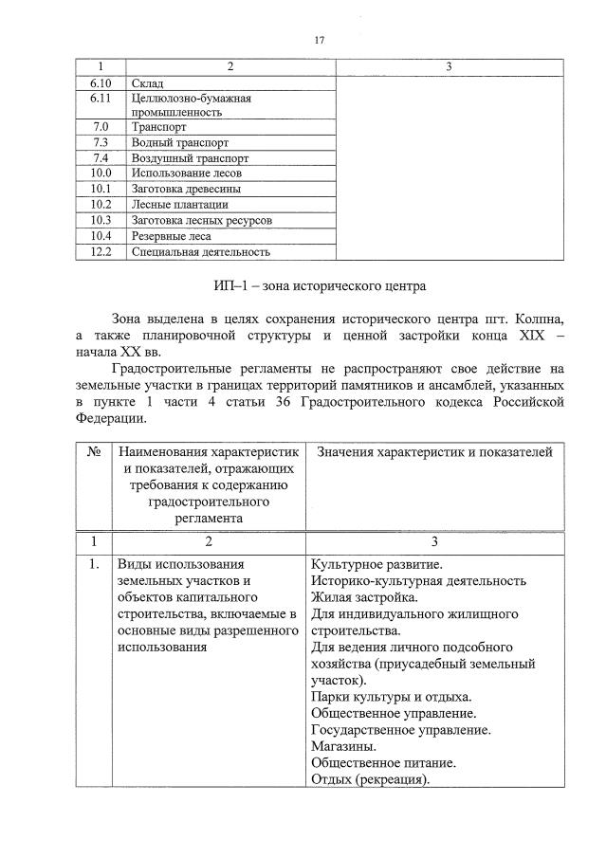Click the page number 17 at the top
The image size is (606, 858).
319,39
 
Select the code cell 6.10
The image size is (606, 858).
101,82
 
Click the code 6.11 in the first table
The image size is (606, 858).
101,98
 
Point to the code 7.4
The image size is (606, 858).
101,157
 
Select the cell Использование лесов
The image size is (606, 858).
187,173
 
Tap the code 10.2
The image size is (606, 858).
101,204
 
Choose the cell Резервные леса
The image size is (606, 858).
172,235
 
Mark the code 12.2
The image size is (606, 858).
101,251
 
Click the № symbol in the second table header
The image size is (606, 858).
94,453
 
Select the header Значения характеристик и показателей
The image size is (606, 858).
433,453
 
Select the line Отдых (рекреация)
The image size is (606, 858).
370,779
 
